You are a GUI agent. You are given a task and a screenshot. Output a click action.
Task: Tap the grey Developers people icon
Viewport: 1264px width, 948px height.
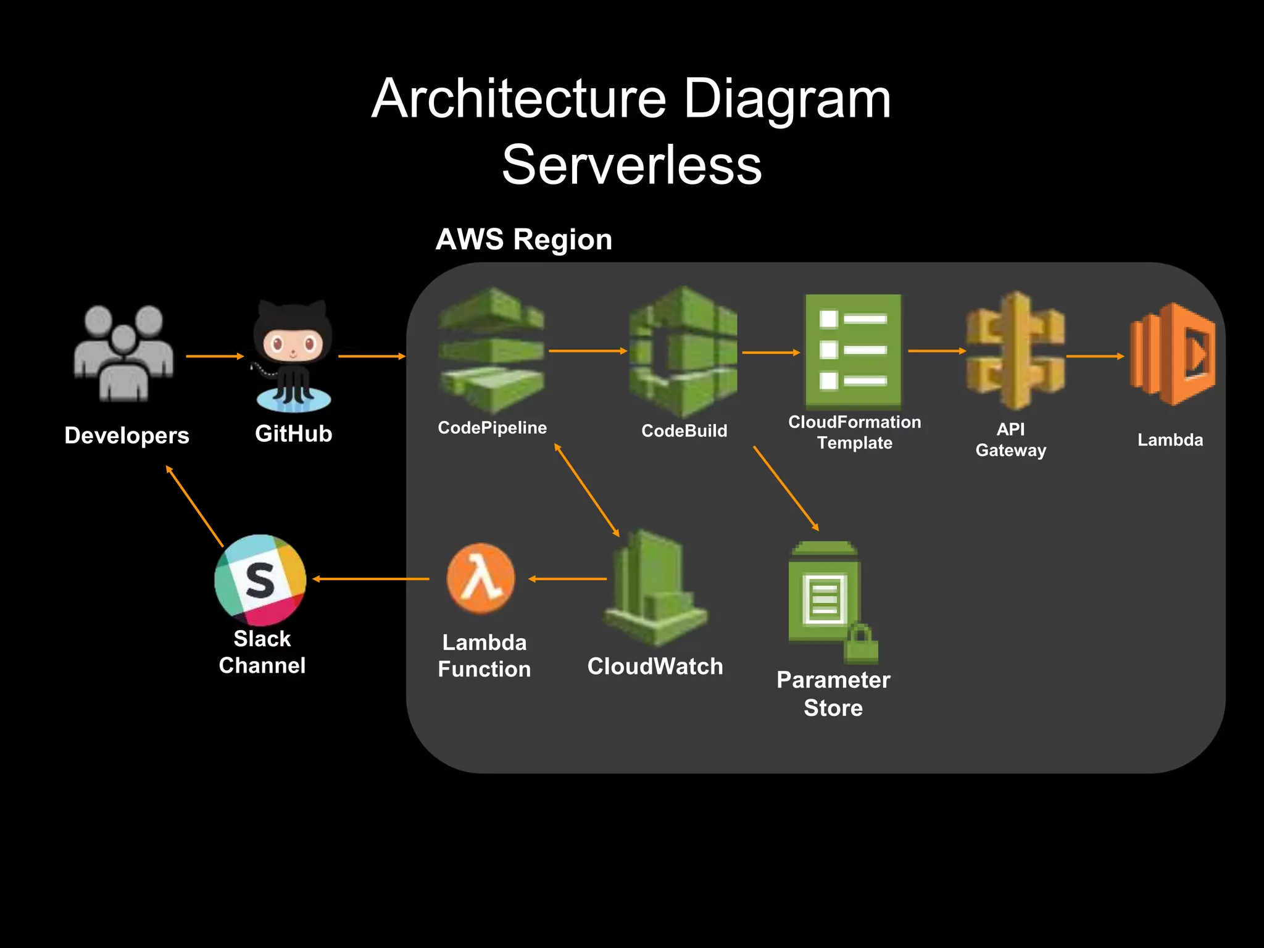coord(124,353)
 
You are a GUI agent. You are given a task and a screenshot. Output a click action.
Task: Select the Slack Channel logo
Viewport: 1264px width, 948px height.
coord(260,580)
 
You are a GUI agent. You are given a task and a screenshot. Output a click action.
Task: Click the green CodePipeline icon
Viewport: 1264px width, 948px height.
coord(492,350)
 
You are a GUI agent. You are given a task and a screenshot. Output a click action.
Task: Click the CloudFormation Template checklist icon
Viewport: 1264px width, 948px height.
coord(853,351)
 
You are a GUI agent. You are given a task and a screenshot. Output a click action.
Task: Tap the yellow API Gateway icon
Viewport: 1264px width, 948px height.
coord(1015,351)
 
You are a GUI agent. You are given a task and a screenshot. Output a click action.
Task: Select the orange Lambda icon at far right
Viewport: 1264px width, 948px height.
coord(1172,354)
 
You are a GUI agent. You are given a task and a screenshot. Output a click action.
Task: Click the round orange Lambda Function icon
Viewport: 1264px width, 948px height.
coord(481,578)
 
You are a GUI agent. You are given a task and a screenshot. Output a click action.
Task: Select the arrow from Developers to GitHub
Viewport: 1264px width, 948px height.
coord(215,356)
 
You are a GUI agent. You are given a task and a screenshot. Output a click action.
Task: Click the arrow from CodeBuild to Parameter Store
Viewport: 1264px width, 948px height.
coord(786,488)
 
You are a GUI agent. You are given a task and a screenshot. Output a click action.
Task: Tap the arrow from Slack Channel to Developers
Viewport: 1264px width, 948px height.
coord(194,506)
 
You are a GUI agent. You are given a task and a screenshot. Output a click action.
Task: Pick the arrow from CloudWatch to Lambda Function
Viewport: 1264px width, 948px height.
coord(568,579)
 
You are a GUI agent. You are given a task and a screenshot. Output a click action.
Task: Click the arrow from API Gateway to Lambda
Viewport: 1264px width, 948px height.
coord(1095,356)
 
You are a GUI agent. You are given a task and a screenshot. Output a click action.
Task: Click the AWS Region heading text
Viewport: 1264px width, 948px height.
coord(523,239)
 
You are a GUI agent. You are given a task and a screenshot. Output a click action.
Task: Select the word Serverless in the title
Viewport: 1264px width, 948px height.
coord(631,165)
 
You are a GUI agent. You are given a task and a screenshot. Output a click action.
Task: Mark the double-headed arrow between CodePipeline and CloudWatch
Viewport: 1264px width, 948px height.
coord(586,489)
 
